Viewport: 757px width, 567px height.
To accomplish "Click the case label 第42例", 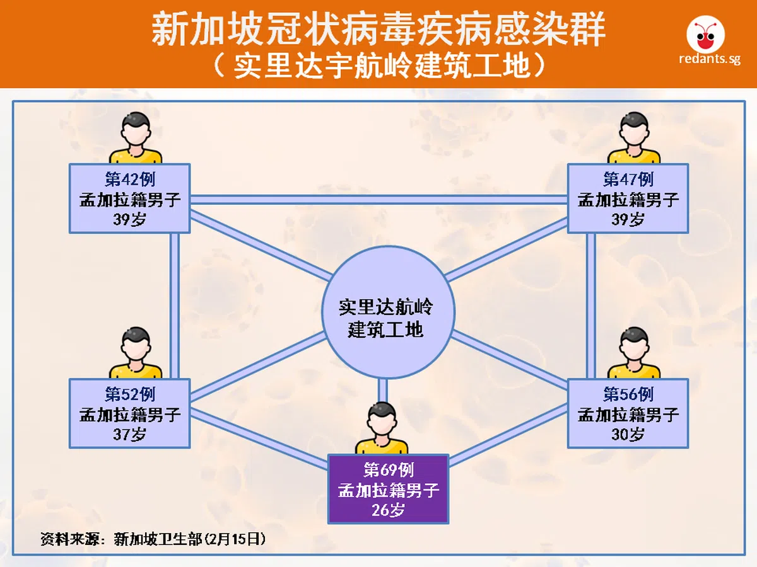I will (129, 180).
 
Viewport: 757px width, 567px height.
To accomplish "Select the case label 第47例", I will (628, 180).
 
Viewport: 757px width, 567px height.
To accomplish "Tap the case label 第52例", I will (129, 394).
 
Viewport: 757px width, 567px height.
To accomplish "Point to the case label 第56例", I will (628, 394).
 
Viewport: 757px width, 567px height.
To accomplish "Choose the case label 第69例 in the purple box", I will (388, 470).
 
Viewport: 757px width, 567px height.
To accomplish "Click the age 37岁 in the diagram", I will (129, 434).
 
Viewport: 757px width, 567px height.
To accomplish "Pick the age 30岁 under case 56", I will (628, 434).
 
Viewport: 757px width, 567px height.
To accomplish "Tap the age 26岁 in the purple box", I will (388, 510).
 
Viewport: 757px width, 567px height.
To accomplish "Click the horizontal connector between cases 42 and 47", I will (378, 200).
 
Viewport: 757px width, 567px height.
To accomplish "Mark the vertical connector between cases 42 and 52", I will (175, 306).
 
